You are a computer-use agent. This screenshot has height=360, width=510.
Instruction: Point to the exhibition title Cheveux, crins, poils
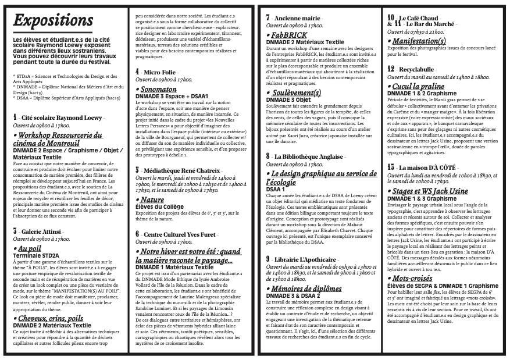(x=50, y=318)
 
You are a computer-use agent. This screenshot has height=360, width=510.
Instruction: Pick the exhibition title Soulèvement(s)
(x=296, y=93)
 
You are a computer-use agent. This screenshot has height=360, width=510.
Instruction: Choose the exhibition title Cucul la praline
(x=418, y=86)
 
